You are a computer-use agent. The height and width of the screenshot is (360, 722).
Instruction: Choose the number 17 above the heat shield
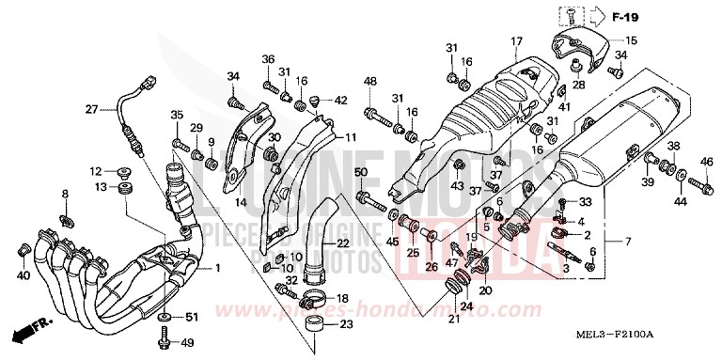click(516, 40)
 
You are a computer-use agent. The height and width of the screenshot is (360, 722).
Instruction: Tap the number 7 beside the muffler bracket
click(616, 243)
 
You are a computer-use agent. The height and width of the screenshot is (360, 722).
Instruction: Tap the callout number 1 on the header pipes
click(219, 268)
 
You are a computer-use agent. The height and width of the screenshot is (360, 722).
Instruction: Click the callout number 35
click(176, 116)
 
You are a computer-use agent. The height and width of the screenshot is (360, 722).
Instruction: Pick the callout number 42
click(340, 100)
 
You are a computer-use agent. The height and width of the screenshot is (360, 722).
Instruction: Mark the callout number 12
click(95, 171)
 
